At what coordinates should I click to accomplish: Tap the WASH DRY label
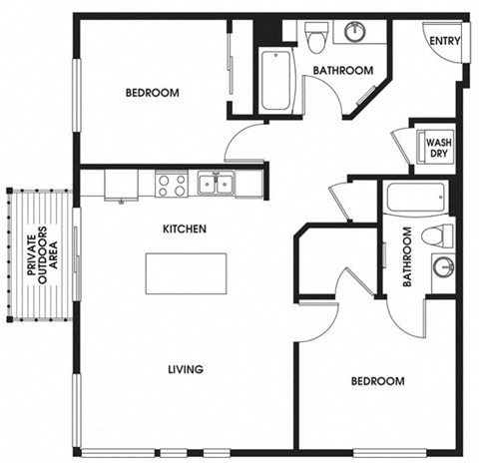coord(438,149)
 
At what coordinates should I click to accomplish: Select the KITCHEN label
coord(185,229)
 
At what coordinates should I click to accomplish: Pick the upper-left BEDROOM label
coord(152,93)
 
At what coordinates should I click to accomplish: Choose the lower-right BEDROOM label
coord(377,381)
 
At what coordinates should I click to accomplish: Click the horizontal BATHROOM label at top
coord(342,71)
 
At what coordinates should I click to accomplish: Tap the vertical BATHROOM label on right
coord(406,257)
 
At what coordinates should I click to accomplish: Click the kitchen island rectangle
coord(186,273)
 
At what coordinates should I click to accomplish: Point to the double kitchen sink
coord(216,183)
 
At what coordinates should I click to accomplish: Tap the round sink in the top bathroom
coord(354,32)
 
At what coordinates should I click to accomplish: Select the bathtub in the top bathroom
coord(276,79)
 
